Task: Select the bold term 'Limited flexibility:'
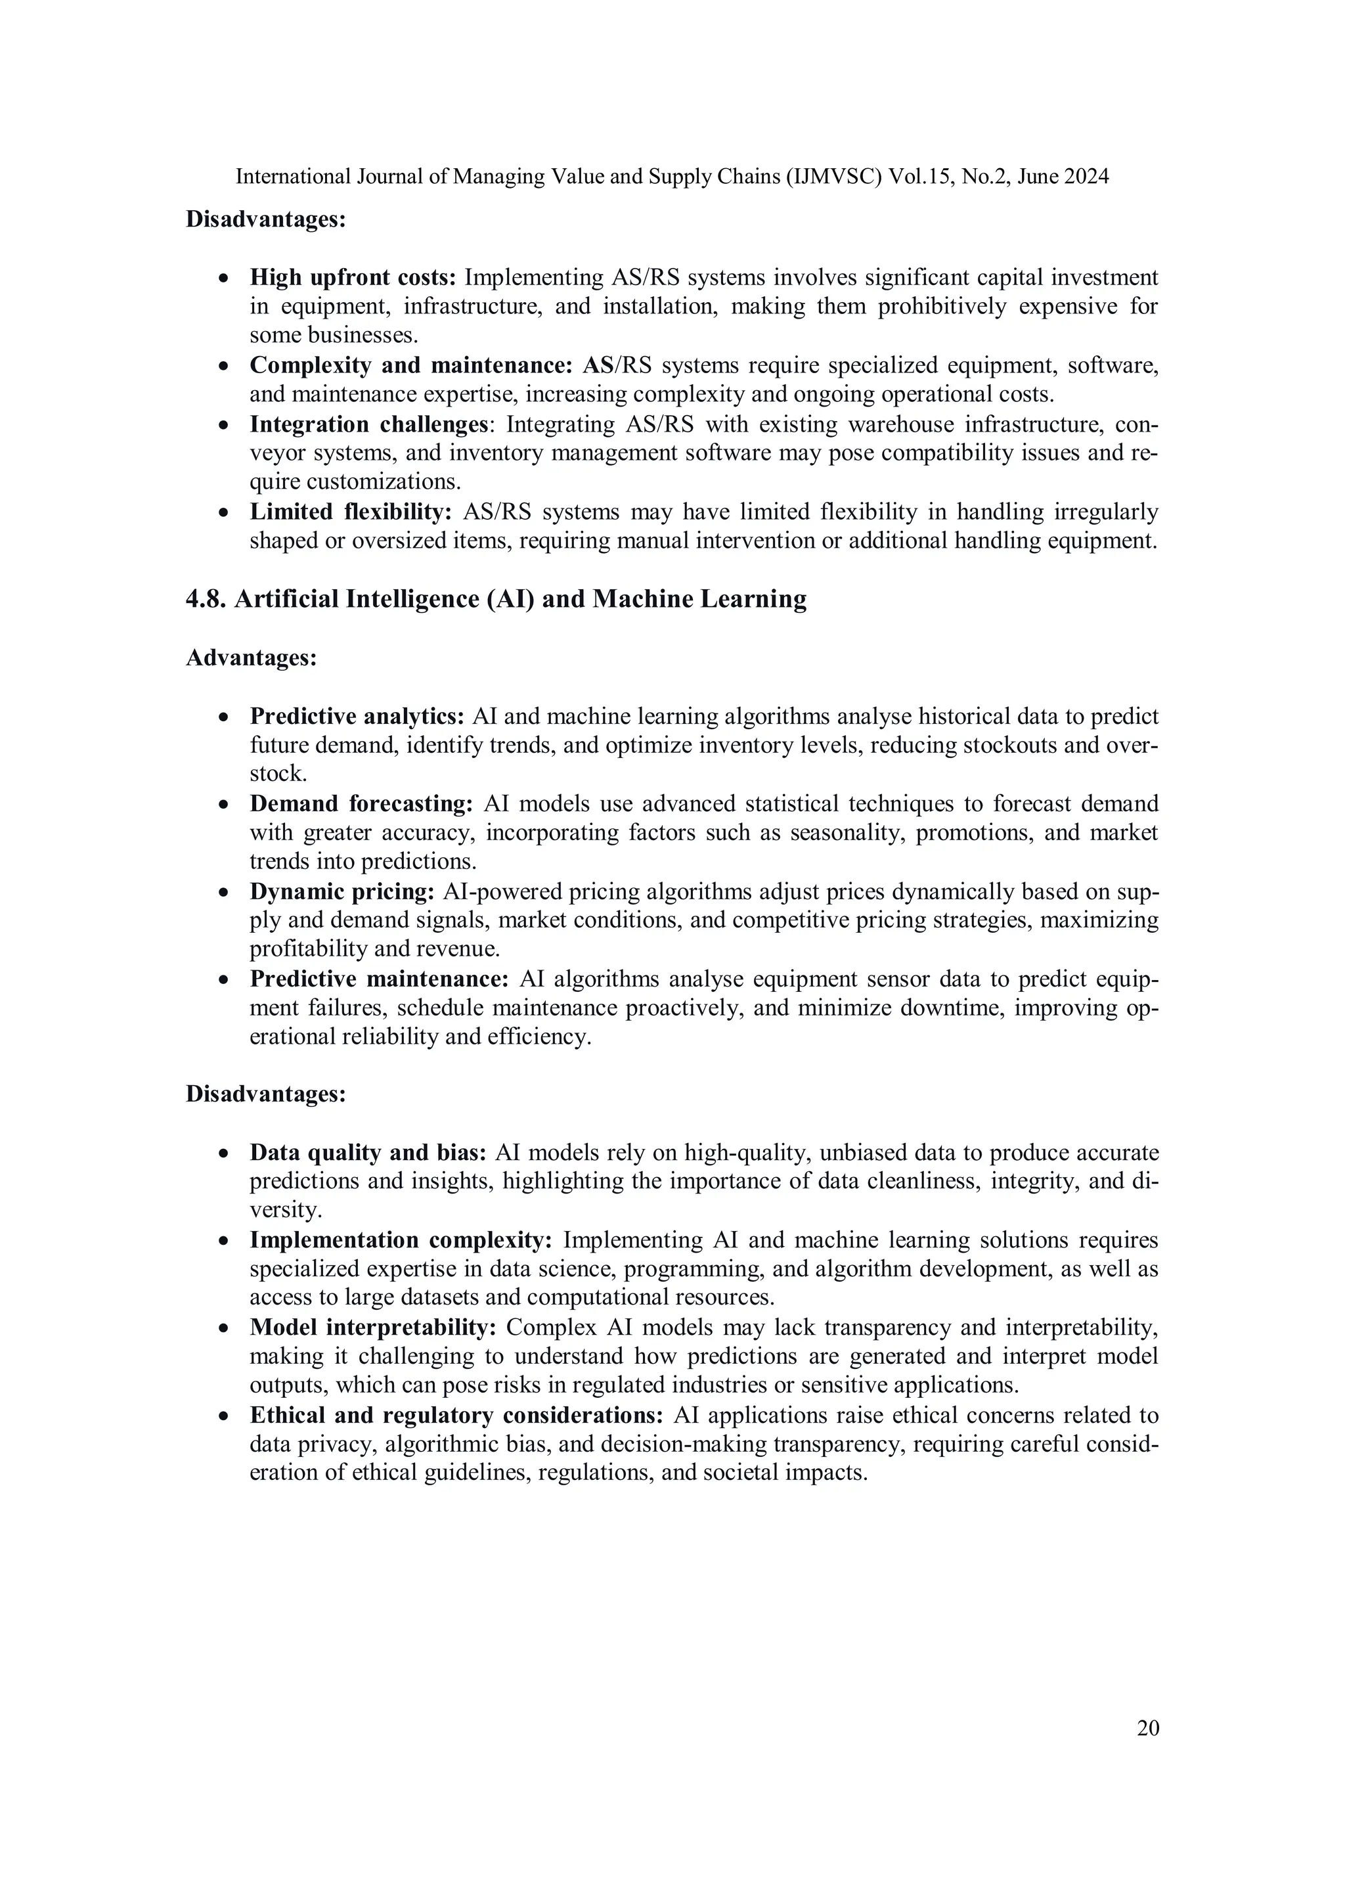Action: pyautogui.click(x=351, y=512)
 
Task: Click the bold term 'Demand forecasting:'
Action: pyautogui.click(x=361, y=804)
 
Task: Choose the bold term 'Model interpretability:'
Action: pyautogui.click(x=373, y=1328)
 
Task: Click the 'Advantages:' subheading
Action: pyautogui.click(x=251, y=658)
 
